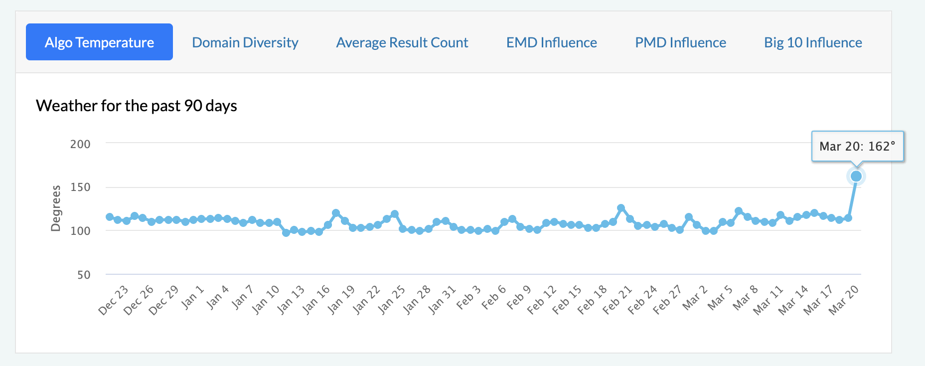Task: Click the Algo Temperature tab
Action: (99, 42)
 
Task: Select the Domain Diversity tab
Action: (245, 42)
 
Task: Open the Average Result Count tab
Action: (402, 42)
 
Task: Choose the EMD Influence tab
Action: (552, 42)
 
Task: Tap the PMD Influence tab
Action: (680, 42)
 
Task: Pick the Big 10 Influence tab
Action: (813, 42)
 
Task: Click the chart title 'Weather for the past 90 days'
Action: (137, 106)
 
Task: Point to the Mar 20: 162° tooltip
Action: (857, 146)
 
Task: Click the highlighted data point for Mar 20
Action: (856, 176)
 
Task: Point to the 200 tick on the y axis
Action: (80, 144)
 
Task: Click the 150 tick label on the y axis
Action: (80, 187)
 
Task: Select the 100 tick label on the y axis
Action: (80, 231)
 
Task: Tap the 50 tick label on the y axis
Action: (84, 275)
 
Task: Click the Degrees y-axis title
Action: (56, 208)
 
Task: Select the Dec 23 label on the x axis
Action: (114, 300)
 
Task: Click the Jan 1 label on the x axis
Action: (192, 297)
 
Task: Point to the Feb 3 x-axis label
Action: (468, 297)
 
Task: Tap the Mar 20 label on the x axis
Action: (843, 300)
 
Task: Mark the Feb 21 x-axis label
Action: (617, 300)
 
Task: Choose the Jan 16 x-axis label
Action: (316, 300)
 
